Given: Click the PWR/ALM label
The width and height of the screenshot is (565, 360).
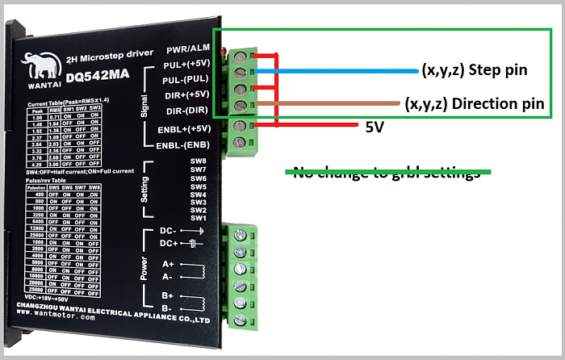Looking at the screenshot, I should pos(189,50).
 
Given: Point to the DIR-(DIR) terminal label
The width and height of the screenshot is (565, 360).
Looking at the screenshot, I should pos(186,110).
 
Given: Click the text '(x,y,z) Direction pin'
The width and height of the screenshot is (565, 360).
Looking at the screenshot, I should pos(475,104).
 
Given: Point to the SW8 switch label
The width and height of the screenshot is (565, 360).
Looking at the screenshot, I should pos(199,161).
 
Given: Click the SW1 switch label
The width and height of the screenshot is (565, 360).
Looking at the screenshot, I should pos(199,218).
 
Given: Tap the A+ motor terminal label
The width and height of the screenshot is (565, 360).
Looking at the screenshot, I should pos(168,263).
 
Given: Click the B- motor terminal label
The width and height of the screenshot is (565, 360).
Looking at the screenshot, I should pos(168,308).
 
